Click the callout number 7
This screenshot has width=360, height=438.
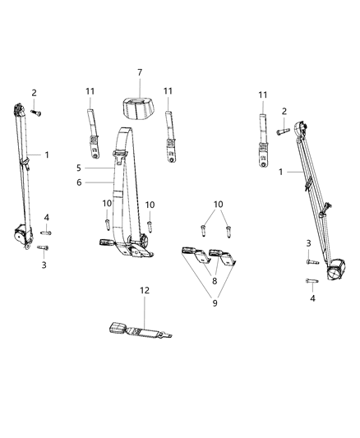(140, 74)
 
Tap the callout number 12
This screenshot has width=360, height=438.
(145, 313)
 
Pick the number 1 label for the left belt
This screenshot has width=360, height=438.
(46, 154)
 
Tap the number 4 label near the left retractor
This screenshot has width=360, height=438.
(46, 217)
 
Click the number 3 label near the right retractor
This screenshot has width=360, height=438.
(308, 243)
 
